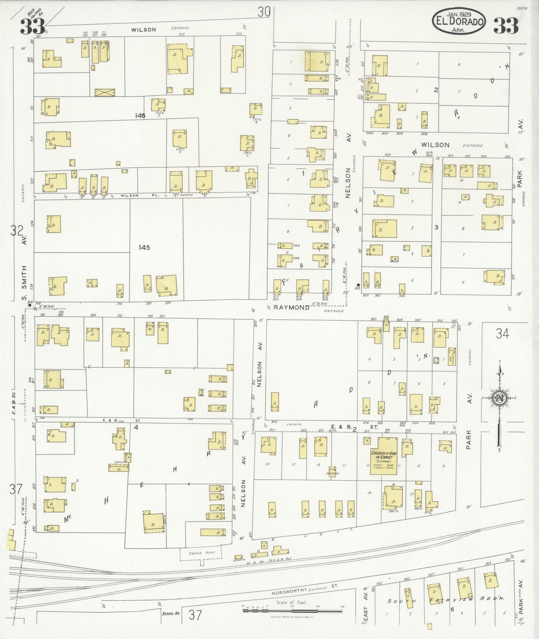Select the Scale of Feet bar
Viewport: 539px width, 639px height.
pos(292,611)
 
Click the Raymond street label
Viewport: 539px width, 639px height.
pos(292,308)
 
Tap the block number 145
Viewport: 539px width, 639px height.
pos(144,248)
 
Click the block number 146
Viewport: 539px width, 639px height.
pos(140,116)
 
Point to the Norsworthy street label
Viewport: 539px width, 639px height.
pos(289,591)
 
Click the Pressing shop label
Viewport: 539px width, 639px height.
pos(332,473)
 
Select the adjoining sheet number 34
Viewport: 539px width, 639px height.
pos(502,333)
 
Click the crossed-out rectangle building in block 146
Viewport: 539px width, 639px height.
pos(105,93)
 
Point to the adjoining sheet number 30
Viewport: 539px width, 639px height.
pos(264,12)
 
